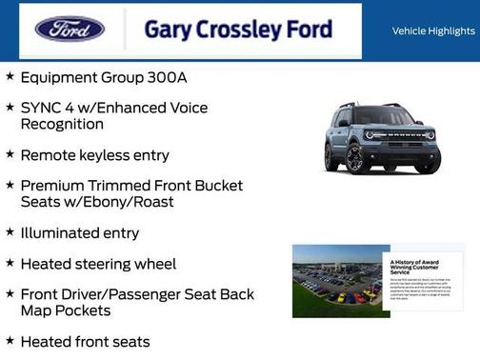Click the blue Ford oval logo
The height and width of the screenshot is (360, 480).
[x=70, y=29]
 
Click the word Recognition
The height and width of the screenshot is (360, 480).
[x=61, y=124]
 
